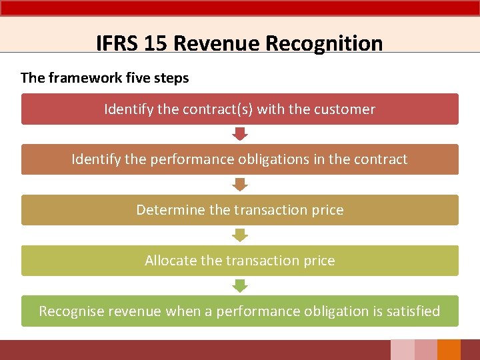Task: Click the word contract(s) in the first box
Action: (216, 109)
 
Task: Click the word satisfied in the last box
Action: (413, 311)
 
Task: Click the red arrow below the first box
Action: (240, 134)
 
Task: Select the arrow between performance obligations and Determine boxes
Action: (240, 185)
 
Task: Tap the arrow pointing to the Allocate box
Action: (240, 235)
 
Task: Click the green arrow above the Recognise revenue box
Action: (240, 285)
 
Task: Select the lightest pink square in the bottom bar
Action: (402, 350)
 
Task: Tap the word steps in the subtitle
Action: (173, 78)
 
